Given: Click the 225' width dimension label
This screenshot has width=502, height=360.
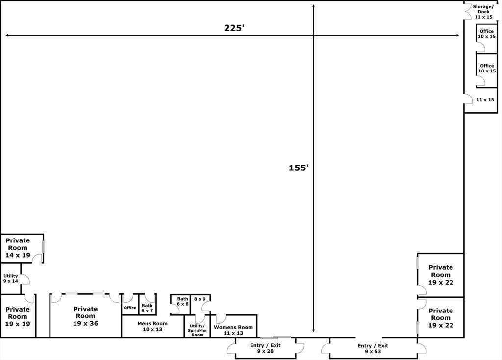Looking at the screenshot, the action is pos(234,28).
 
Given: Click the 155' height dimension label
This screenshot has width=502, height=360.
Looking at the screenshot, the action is pos(299,168).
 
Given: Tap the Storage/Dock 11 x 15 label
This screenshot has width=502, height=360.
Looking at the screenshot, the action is pos(483,12).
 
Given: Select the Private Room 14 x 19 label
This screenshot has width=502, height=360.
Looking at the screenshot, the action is pos(18,248).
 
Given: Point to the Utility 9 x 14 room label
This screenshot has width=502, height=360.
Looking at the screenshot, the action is pos(11,278).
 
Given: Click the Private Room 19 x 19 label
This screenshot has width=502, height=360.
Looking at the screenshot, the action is pos(18,316).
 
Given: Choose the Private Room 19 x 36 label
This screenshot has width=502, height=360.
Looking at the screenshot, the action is pos(85,316).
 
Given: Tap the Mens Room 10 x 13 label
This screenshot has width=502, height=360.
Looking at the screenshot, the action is pos(152,326).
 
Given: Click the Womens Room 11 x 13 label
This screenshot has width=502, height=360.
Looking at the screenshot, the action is pos(233,330).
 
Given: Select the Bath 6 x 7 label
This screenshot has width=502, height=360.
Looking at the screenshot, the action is pos(147,308).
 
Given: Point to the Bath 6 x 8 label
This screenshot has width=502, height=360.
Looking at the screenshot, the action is pos(183,301).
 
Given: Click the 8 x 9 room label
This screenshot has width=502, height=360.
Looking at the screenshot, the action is pos(200,299).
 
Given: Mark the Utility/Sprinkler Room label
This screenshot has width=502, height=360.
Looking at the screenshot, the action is pos(198,330).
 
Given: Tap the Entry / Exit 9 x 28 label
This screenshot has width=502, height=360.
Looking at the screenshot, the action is pos(265,348).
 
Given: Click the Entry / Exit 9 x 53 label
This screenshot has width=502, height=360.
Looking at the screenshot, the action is pos(373,348).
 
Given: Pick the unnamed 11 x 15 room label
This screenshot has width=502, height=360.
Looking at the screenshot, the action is pos(485,100).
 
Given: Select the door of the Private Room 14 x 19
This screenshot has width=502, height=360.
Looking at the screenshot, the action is pos(38,258).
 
